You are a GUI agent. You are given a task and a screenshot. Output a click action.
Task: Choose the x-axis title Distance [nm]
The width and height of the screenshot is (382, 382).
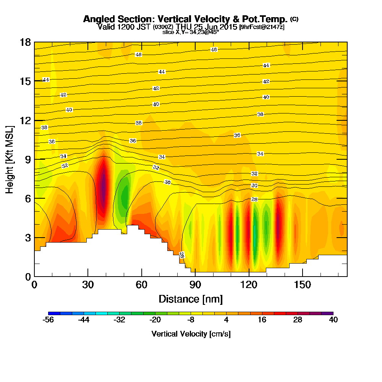point(191,299)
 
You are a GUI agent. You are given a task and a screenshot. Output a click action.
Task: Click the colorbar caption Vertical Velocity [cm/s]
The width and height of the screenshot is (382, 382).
point(191,334)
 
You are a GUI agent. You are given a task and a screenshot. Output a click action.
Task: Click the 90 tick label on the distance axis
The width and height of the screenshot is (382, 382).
point(195,285)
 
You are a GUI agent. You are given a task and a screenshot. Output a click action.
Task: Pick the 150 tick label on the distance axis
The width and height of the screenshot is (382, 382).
point(302,285)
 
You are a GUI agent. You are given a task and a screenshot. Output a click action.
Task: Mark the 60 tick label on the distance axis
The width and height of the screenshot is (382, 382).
point(142,285)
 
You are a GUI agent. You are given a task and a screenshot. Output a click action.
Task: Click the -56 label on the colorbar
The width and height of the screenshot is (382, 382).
point(49,320)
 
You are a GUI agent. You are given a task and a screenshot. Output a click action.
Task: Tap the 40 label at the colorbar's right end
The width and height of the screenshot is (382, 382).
point(333,320)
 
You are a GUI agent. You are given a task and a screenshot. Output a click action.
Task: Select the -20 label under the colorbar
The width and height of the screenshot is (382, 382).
point(155,320)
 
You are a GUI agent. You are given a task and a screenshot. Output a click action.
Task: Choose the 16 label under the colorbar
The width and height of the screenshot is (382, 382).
point(262,320)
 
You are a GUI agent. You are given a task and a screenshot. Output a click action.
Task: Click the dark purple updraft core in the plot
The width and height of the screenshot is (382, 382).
point(103,187)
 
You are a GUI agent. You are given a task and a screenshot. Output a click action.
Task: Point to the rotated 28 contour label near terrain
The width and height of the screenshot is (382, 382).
point(182,255)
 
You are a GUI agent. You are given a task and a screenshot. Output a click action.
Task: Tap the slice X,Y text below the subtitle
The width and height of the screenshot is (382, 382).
point(191,32)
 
